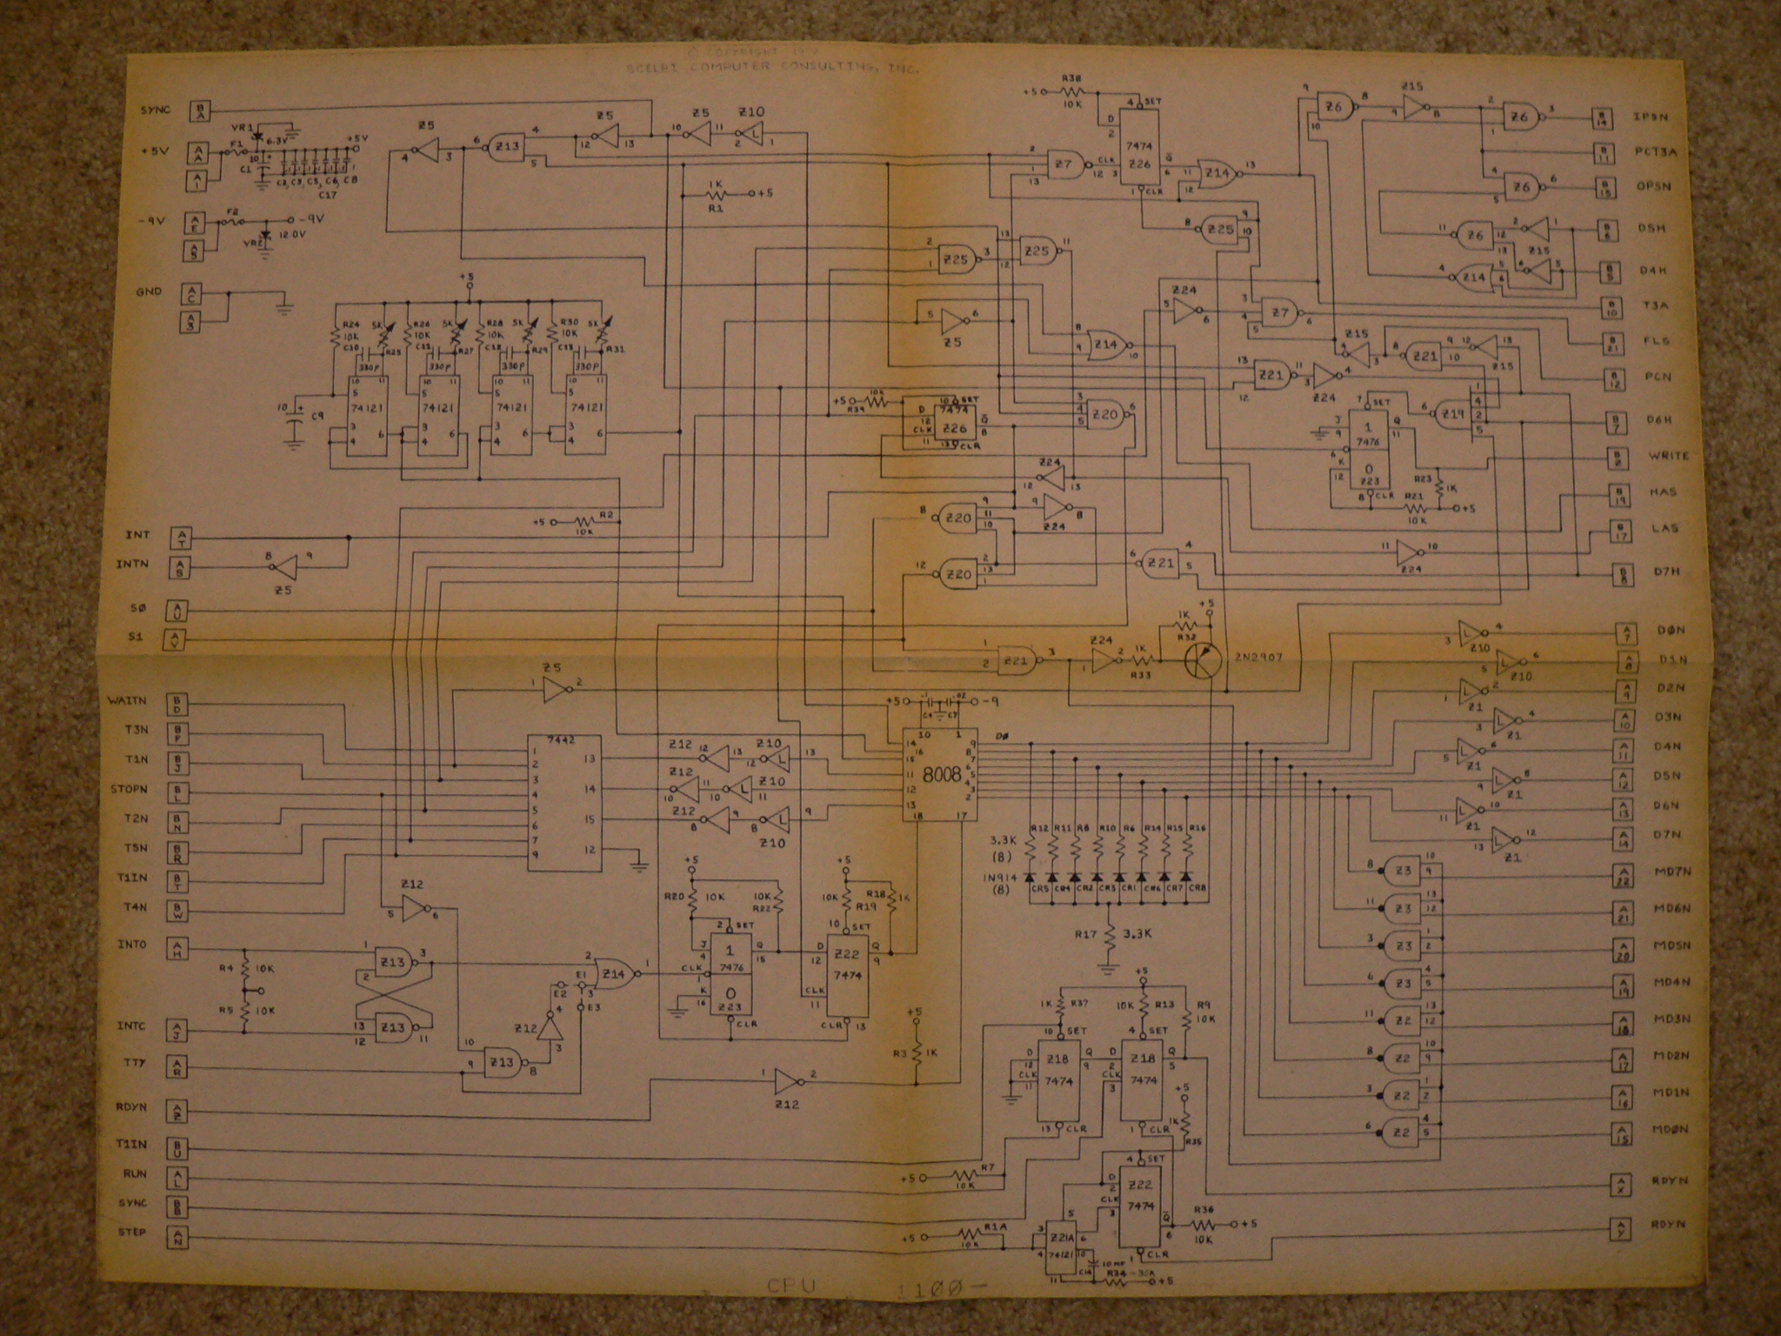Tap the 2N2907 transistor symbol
click(x=1205, y=661)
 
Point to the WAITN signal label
click(x=127, y=699)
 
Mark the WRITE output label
click(x=1668, y=456)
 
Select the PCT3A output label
click(x=1655, y=151)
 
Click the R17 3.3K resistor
click(x=1111, y=936)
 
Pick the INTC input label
click(x=131, y=1025)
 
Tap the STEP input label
click(x=132, y=1232)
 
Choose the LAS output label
click(x=1664, y=528)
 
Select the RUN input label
click(x=134, y=1173)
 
